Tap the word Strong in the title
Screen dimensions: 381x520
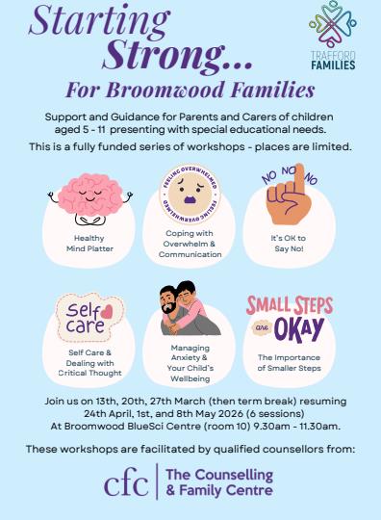click(164, 54)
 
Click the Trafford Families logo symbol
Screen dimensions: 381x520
click(333, 24)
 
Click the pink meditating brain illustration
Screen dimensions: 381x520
click(90, 199)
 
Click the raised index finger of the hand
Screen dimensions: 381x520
click(299, 181)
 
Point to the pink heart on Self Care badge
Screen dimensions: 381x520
click(107, 312)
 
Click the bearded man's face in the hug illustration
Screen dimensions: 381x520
click(169, 301)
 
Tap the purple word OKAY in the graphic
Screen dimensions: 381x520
click(299, 329)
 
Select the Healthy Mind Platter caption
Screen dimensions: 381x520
click(89, 243)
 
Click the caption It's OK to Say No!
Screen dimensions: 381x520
click(289, 243)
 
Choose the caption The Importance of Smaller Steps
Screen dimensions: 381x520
click(289, 363)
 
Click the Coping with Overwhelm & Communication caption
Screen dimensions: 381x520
click(190, 244)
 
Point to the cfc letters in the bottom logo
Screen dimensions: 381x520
click(126, 481)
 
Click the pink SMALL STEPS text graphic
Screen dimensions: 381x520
click(290, 305)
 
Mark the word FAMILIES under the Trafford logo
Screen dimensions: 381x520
click(333, 65)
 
